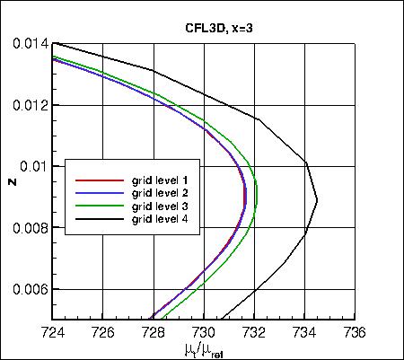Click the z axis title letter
coord(12,182)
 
